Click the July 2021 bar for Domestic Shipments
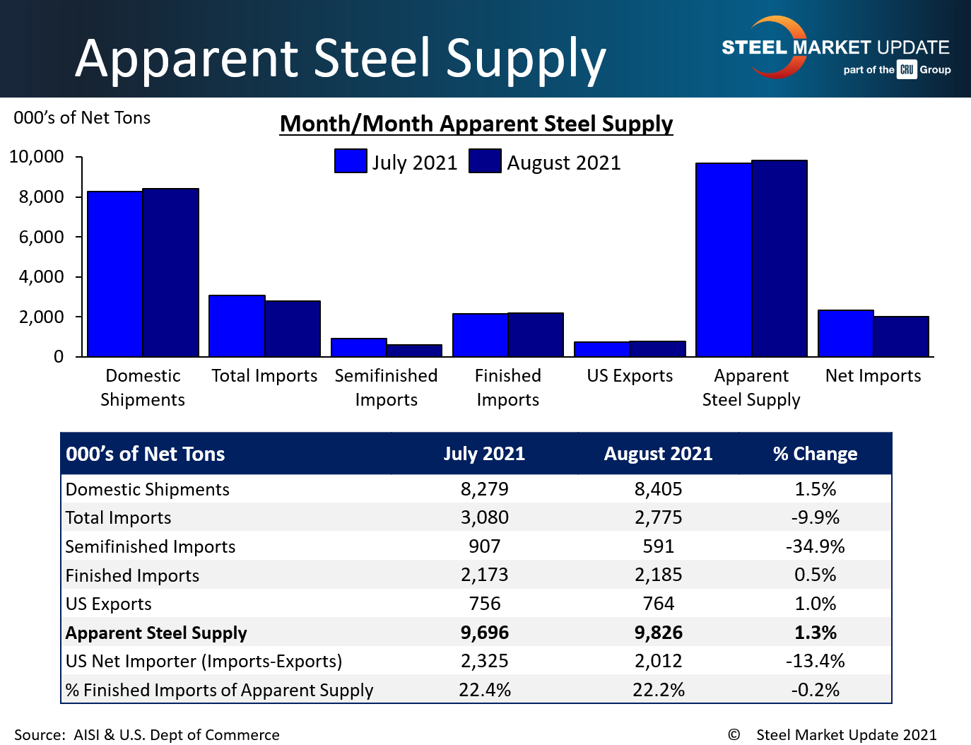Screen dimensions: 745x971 pyautogui.click(x=115, y=274)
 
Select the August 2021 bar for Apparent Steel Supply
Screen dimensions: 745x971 pyautogui.click(x=779, y=258)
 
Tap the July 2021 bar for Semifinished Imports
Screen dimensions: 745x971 pyautogui.click(x=359, y=347)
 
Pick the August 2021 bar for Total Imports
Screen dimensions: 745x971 pyautogui.click(x=293, y=329)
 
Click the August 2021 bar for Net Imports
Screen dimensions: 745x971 pyautogui.click(x=901, y=336)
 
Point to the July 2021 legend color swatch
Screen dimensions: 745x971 pyautogui.click(x=351, y=161)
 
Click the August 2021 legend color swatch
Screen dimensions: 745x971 pyautogui.click(x=485, y=161)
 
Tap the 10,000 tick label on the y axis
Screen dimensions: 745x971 pyautogui.click(x=36, y=157)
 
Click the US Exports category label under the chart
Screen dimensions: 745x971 pyautogui.click(x=630, y=376)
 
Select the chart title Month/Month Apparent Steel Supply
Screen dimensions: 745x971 pyautogui.click(x=476, y=124)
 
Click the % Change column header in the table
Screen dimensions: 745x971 pyautogui.click(x=815, y=454)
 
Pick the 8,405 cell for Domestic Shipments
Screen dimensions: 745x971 pyautogui.click(x=658, y=489)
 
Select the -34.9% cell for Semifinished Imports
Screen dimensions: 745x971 pyautogui.click(x=815, y=546)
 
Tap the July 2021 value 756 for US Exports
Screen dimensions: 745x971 pyautogui.click(x=485, y=604)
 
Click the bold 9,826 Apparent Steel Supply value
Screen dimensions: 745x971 pyautogui.click(x=658, y=633)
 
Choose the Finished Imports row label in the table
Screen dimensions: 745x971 pyautogui.click(x=132, y=575)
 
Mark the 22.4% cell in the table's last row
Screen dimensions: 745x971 pyautogui.click(x=485, y=690)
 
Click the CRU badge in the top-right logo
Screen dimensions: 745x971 pyautogui.click(x=907, y=69)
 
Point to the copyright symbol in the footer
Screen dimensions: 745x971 pyautogui.click(x=734, y=734)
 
